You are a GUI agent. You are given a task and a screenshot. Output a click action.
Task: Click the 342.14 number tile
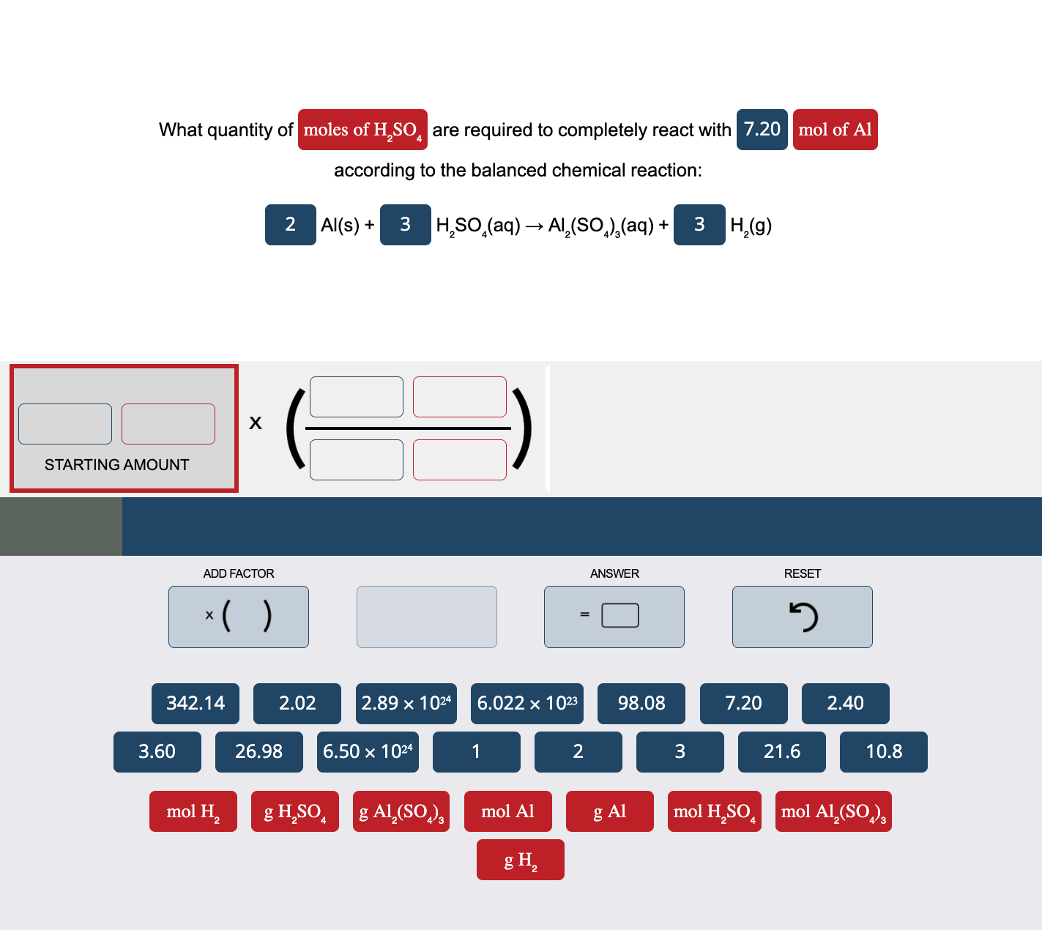(196, 704)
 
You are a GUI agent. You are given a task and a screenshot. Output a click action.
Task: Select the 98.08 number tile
(641, 704)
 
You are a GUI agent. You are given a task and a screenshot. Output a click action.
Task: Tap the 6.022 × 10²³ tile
(527, 704)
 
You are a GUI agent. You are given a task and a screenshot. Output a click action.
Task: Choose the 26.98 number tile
(258, 752)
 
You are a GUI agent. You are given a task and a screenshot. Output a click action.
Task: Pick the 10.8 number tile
(883, 752)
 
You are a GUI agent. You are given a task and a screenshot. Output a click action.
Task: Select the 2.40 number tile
(845, 704)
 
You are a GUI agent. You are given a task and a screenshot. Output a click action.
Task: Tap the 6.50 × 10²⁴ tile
(368, 752)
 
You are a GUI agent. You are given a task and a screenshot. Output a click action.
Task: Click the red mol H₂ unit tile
(193, 811)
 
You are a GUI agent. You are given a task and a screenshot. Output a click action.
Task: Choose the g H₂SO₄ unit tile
(295, 811)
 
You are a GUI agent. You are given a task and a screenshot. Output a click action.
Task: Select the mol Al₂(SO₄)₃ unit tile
(833, 811)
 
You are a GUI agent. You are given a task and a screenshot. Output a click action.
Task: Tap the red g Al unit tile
(609, 811)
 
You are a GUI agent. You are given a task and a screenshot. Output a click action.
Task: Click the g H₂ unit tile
(521, 860)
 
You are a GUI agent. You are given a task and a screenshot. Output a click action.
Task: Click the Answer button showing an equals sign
(614, 617)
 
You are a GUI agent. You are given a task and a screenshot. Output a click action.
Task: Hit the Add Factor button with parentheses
(239, 617)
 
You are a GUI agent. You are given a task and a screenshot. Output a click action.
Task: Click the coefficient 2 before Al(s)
(291, 225)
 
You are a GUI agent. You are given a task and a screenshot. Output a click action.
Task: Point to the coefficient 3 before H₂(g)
(699, 225)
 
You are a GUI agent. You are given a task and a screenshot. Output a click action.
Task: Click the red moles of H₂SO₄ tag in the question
(362, 130)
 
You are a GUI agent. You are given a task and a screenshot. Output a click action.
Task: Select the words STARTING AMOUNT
(117, 465)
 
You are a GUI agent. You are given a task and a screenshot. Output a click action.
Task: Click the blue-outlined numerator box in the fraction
(357, 397)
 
